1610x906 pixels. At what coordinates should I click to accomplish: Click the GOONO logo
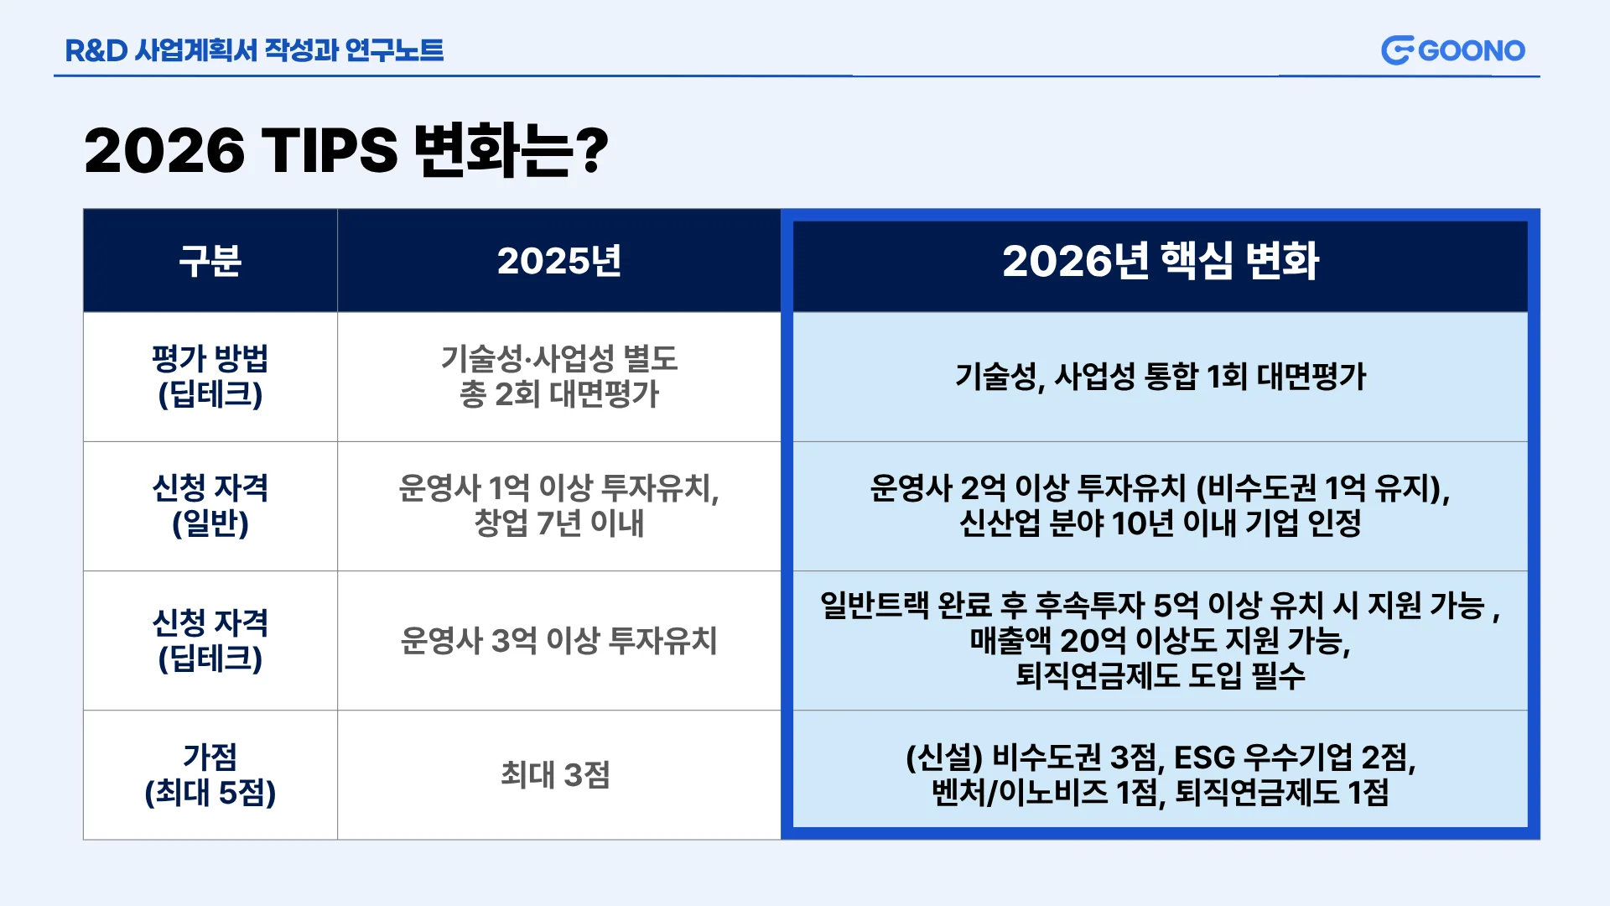[x=1452, y=50]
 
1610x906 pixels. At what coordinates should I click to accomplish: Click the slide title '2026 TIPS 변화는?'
[x=346, y=151]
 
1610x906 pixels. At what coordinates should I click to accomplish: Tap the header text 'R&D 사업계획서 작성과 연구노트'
[x=254, y=50]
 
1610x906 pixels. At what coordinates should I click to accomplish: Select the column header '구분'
[x=210, y=261]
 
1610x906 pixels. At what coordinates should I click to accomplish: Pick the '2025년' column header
[x=559, y=261]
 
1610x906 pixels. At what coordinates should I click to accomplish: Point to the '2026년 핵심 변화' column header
[x=1161, y=261]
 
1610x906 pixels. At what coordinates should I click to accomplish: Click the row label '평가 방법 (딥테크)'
[x=210, y=377]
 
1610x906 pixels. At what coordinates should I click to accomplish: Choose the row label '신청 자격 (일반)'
[x=210, y=506]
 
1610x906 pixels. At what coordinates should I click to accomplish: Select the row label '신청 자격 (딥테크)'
[x=210, y=641]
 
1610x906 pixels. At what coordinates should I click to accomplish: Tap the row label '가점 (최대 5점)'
[x=210, y=774]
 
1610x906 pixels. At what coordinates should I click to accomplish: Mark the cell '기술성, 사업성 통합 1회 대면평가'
[x=1161, y=377]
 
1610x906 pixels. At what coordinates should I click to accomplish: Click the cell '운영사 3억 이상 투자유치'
[x=559, y=641]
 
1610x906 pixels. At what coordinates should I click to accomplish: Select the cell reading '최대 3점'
[x=555, y=774]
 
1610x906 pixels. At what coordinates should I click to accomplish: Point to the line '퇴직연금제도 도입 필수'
[x=1161, y=675]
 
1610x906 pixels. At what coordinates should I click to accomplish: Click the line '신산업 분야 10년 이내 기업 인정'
[x=1161, y=523]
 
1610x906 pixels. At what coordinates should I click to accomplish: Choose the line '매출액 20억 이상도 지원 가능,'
[x=1161, y=641]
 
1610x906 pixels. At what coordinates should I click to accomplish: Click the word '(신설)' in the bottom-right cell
[x=944, y=758]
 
